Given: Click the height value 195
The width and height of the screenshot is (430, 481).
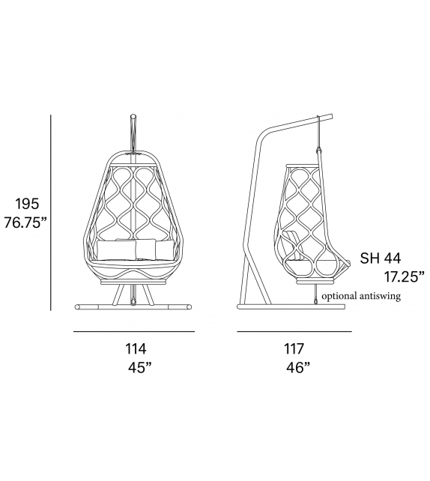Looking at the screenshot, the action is pyautogui.click(x=27, y=204).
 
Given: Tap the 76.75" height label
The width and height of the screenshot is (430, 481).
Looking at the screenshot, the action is pyautogui.click(x=27, y=223).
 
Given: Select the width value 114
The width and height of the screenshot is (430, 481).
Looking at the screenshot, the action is pyautogui.click(x=136, y=349).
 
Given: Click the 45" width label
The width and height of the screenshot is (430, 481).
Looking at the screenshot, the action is pyautogui.click(x=140, y=368).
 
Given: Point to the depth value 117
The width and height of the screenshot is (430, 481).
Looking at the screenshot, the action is pyautogui.click(x=294, y=349).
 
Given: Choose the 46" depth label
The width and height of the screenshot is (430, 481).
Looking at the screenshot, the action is pyautogui.click(x=298, y=368).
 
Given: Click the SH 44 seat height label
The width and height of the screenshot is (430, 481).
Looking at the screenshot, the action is pyautogui.click(x=381, y=258).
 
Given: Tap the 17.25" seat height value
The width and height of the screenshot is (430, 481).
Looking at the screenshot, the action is pyautogui.click(x=405, y=277).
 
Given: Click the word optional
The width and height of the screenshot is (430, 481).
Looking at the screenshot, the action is pyautogui.click(x=339, y=297).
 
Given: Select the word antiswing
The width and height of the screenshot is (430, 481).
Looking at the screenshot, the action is pyautogui.click(x=380, y=297).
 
